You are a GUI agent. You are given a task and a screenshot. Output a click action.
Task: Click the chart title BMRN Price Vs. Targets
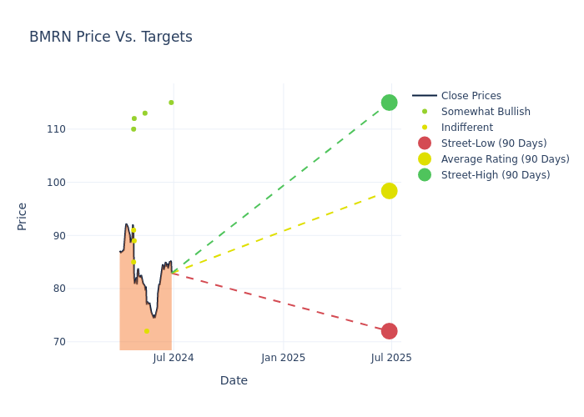coord(111,38)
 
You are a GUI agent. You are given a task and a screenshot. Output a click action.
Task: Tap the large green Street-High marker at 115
coord(389,103)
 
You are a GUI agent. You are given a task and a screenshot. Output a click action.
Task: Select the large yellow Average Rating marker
coord(389,191)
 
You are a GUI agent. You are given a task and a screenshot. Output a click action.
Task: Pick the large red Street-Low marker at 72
coord(389,331)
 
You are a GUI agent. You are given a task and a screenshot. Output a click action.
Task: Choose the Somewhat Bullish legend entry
coord(486,112)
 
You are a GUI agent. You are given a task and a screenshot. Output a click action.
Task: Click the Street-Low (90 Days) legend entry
coord(494,143)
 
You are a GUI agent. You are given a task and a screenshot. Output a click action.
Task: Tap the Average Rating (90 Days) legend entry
coord(505,159)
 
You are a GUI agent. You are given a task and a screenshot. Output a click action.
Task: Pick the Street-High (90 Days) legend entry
coord(496,175)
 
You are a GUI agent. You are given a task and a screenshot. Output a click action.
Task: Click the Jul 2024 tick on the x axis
coord(174,358)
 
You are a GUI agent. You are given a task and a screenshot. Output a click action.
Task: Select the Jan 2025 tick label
coord(283,358)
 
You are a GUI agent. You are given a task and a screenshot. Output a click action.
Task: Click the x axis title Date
coord(234,381)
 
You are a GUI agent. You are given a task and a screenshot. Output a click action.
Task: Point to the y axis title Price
coord(23,216)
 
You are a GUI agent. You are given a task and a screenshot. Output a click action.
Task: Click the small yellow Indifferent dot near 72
coord(147,331)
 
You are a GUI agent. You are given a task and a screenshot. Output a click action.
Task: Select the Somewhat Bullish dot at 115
coord(171,103)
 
